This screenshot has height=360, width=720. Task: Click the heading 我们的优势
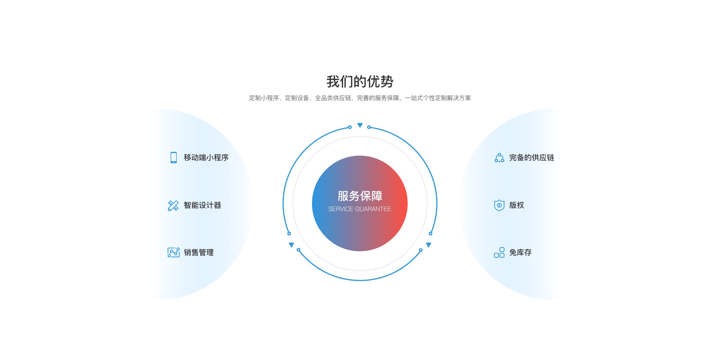click(x=360, y=81)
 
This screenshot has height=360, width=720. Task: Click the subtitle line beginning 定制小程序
click(x=360, y=98)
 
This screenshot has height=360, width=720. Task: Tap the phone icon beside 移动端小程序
click(x=174, y=157)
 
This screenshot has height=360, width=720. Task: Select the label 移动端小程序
click(x=206, y=157)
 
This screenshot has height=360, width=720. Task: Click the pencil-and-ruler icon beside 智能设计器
click(x=173, y=205)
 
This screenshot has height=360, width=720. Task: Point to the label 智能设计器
click(x=202, y=205)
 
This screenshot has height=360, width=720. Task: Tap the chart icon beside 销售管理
click(x=174, y=252)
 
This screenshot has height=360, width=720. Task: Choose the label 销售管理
click(x=199, y=252)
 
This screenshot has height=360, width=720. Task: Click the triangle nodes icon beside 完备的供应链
click(x=499, y=157)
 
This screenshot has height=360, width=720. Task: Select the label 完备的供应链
click(x=532, y=157)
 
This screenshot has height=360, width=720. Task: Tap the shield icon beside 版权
click(x=499, y=205)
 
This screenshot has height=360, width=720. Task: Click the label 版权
click(x=517, y=205)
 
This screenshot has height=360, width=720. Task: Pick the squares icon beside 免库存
click(x=499, y=252)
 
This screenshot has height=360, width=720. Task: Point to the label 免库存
click(x=520, y=252)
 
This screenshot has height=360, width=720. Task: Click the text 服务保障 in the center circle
click(x=360, y=196)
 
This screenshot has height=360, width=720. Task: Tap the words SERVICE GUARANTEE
click(x=360, y=209)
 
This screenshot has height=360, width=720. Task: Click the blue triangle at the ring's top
click(x=360, y=125)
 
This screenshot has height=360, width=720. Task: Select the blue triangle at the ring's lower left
click(x=291, y=245)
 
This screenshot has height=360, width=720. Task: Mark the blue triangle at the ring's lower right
click(x=429, y=245)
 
